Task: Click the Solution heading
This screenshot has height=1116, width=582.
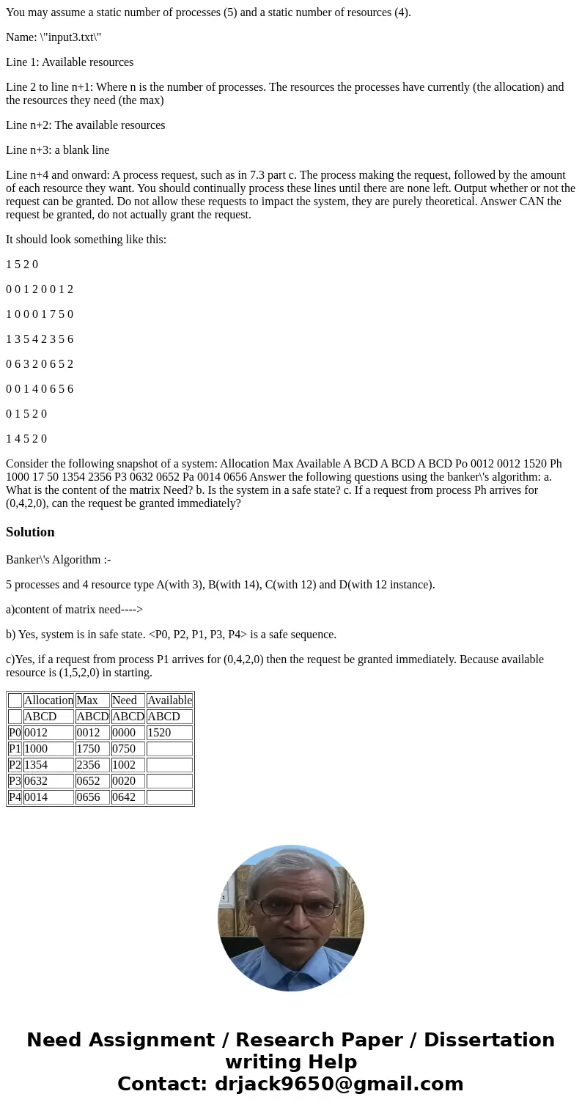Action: point(30,532)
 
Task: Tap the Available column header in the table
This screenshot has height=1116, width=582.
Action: point(169,701)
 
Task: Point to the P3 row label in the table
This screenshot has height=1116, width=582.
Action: point(15,781)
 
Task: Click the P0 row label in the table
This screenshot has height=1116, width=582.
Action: point(15,733)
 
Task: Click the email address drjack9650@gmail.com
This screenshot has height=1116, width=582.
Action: point(339,1084)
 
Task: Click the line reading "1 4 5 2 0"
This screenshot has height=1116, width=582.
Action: point(26,439)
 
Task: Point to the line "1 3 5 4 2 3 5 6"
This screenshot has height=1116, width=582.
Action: point(40,339)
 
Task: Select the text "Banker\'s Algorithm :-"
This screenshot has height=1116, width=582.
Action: point(58,560)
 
